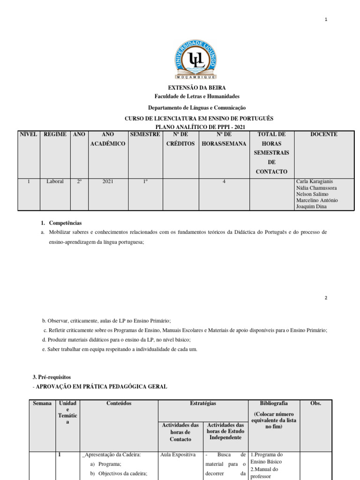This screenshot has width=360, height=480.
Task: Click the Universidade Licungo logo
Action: pyautogui.click(x=196, y=59)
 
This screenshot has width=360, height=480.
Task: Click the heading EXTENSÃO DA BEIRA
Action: pyautogui.click(x=197, y=88)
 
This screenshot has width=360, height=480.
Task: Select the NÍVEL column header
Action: pyautogui.click(x=28, y=135)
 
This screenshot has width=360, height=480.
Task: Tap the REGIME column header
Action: pyautogui.click(x=55, y=135)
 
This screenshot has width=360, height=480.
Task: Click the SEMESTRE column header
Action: pyautogui.click(x=145, y=135)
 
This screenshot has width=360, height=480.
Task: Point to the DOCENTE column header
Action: pyautogui.click(x=324, y=135)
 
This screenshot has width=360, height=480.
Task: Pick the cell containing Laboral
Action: pyautogui.click(x=55, y=181)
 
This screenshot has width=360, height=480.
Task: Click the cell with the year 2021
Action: pyautogui.click(x=108, y=181)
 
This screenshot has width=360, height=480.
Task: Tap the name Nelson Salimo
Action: pyautogui.click(x=312, y=194)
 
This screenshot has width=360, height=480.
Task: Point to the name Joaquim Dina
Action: pyautogui.click(x=311, y=206)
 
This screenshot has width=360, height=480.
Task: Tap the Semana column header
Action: pyautogui.click(x=42, y=404)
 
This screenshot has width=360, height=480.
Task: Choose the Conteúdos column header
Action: pyautogui.click(x=119, y=404)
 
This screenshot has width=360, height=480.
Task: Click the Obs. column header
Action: pyautogui.click(x=316, y=404)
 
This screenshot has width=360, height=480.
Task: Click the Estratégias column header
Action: pyautogui.click(x=202, y=404)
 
